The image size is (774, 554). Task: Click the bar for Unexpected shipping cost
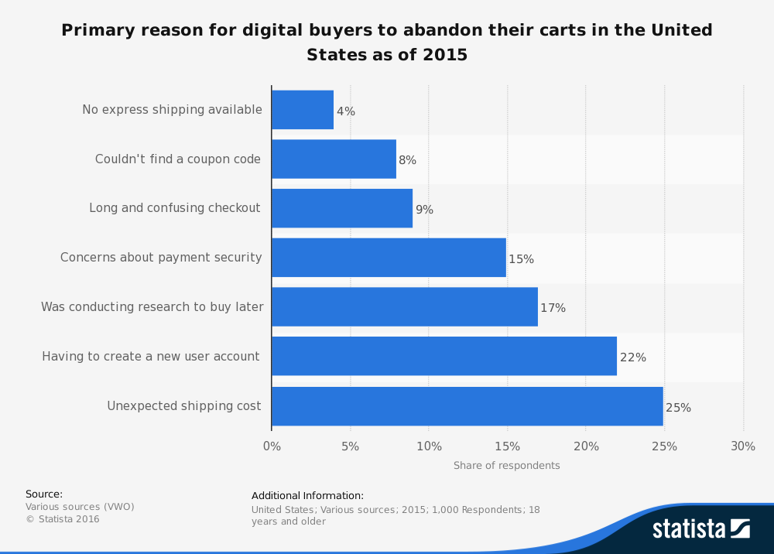click(x=467, y=406)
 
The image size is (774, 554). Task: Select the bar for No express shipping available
click(x=303, y=110)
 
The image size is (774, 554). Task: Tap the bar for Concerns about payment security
click(x=389, y=258)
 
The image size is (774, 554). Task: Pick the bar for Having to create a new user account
click(x=444, y=357)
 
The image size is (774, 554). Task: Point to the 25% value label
click(x=678, y=407)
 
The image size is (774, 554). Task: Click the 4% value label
click(x=346, y=111)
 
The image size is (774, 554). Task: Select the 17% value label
click(x=553, y=308)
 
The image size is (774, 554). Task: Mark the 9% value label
click(x=424, y=210)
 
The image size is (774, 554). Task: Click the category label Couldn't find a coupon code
click(x=178, y=159)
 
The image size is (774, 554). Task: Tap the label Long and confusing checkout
click(x=175, y=208)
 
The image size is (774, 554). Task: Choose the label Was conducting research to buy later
click(x=152, y=307)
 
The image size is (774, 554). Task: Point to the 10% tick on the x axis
click(x=429, y=446)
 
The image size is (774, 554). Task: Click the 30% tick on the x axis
click(x=743, y=446)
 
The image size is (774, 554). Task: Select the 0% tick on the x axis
click(x=272, y=446)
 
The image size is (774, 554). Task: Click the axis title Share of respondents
click(x=506, y=466)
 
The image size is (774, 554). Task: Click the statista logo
click(x=700, y=528)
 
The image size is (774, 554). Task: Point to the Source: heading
click(x=44, y=494)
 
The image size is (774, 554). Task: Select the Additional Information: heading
click(x=307, y=496)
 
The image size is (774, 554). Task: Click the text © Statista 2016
click(x=63, y=519)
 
